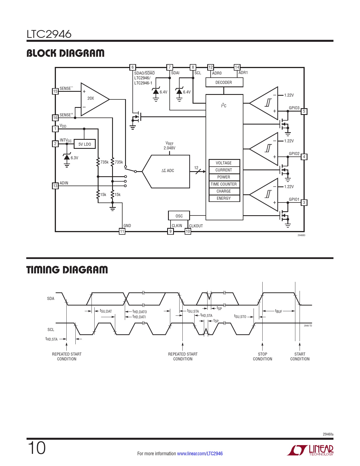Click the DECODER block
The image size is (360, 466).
click(224, 82)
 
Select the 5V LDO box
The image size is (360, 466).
click(84, 144)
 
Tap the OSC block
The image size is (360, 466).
click(179, 215)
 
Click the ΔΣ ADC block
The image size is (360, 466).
click(166, 171)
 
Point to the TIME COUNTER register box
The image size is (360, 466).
click(224, 184)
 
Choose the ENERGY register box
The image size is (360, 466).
click(224, 198)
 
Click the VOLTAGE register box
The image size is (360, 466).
click(224, 163)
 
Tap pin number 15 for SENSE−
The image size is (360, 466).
click(55, 91)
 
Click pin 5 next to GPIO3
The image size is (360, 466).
click(304, 111)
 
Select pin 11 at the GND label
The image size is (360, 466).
click(122, 231)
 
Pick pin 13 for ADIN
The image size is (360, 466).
click(55, 186)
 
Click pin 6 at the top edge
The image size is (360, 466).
click(132, 67)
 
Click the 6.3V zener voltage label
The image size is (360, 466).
click(75, 158)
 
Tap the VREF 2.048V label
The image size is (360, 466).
click(169, 146)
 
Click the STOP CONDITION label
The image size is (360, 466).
click(262, 356)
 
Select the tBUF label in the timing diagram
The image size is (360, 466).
click(278, 311)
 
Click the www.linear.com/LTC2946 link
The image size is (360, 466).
click(200, 454)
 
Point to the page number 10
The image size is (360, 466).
click(37, 448)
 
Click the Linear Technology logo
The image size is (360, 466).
click(310, 450)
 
